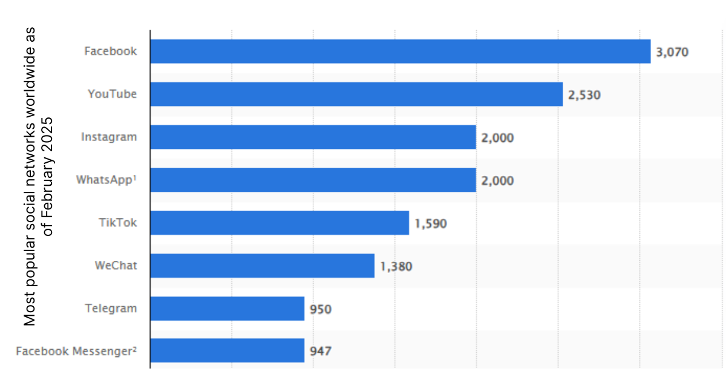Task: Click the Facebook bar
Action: pos(400,51)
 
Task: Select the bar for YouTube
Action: pos(356,94)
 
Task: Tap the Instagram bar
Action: pos(313,137)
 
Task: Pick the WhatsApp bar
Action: pos(313,180)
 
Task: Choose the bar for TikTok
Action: pos(280,223)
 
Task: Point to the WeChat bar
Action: pos(262,266)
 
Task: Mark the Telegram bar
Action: pos(227,309)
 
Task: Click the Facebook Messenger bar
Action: pos(227,350)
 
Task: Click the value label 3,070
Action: pos(672,52)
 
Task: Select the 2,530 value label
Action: pos(584,95)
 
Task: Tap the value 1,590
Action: pos(430,224)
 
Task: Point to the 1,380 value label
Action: pos(396,266)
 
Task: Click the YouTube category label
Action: pos(112,94)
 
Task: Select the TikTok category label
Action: pos(118,222)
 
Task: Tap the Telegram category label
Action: pos(111,309)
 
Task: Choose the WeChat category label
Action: pos(116,265)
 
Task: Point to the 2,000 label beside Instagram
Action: pos(497,138)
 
